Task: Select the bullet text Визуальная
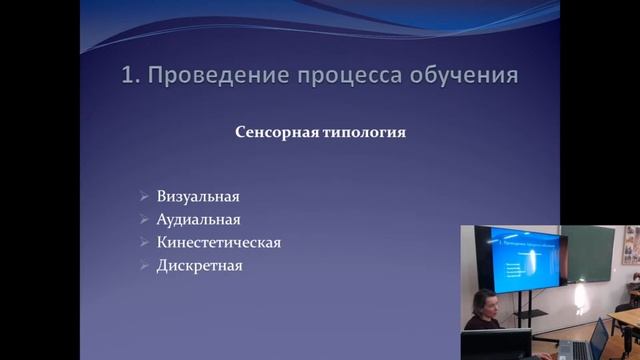tap(198, 197)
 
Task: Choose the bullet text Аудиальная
tap(198, 220)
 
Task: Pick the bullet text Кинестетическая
tap(218, 243)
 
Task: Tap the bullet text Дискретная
tap(199, 266)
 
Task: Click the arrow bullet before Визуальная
tap(145, 197)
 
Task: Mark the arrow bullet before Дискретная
tap(145, 266)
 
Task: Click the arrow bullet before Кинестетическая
tap(145, 243)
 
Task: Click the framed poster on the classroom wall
tap(630, 244)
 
